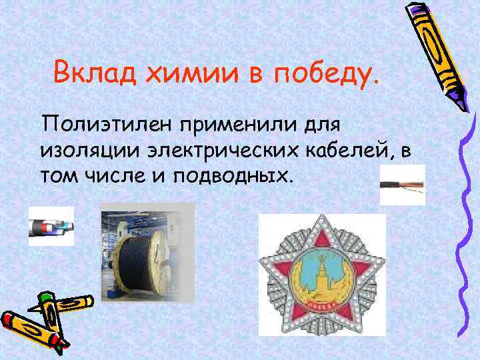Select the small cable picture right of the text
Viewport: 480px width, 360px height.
tap(401, 185)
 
